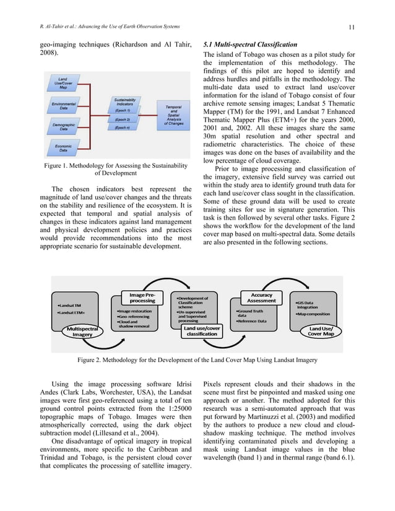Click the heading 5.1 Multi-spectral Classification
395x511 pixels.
pos(251,45)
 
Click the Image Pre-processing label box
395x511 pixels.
pos(142,297)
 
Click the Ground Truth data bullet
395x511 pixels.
pos(250,313)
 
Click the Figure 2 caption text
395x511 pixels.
pos(197,359)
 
